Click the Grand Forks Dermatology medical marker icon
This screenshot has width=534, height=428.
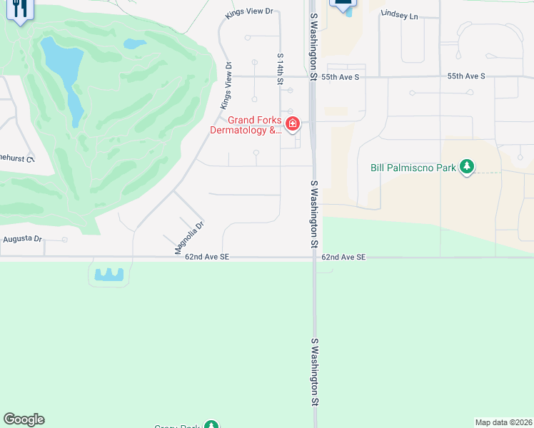pyautogui.click(x=292, y=125)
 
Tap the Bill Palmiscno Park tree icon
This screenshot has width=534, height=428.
pyautogui.click(x=468, y=168)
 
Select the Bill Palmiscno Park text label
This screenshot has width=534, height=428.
pyautogui.click(x=413, y=168)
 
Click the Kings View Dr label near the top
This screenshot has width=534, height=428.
pyautogui.click(x=249, y=12)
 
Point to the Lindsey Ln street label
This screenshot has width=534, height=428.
pyautogui.click(x=399, y=14)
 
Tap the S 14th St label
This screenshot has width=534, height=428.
pyautogui.click(x=281, y=69)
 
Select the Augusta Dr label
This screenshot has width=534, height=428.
pyautogui.click(x=22, y=239)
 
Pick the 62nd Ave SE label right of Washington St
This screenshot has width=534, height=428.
pyautogui.click(x=343, y=256)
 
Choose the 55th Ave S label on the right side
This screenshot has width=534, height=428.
pyautogui.click(x=466, y=76)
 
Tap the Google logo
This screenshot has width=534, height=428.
pyautogui.click(x=24, y=419)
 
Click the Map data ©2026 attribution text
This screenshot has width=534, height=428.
pyautogui.click(x=504, y=422)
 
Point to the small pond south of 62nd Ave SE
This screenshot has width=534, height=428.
pyautogui.click(x=109, y=274)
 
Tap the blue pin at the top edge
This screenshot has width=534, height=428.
pyautogui.click(x=343, y=4)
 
